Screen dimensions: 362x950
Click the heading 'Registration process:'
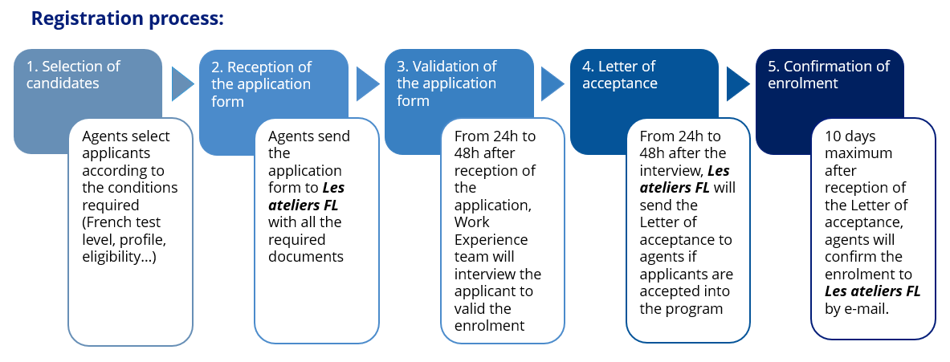tap(127, 18)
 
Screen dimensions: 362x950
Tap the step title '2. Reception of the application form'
tap(261, 83)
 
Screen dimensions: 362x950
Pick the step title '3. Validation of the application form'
tap(446, 83)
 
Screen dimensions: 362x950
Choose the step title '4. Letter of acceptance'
tap(619, 75)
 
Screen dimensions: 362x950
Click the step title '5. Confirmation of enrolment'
tap(826, 75)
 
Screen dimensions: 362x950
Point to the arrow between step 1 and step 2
tap(183, 83)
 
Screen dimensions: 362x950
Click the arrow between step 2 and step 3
tap(368, 83)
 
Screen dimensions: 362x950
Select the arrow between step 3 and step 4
tap(552, 83)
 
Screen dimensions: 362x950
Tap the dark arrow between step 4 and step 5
tap(738, 83)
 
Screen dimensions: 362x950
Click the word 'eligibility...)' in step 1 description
tap(119, 257)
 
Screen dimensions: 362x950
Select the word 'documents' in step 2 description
tap(306, 257)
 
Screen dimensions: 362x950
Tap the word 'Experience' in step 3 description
tap(491, 239)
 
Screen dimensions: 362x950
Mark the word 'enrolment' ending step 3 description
tap(489, 325)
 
